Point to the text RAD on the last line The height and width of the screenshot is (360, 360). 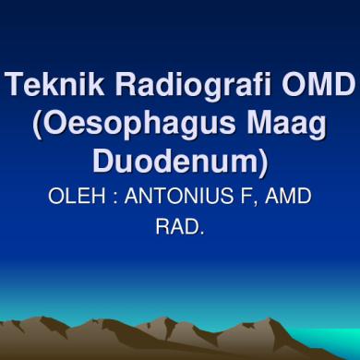pyautogui.click(x=177, y=224)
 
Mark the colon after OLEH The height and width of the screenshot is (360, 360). pyautogui.click(x=113, y=198)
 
